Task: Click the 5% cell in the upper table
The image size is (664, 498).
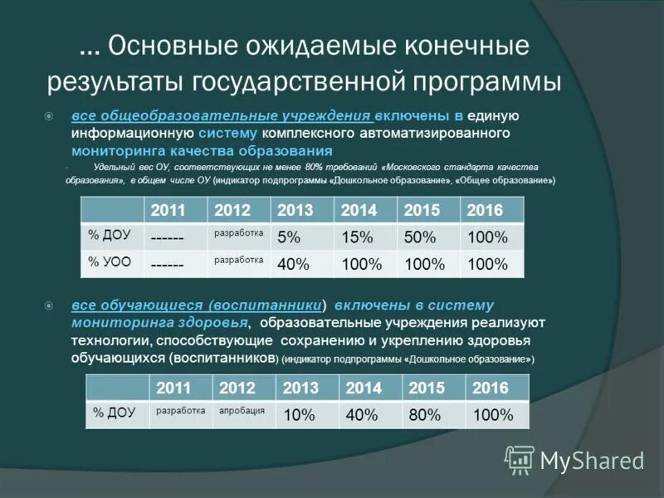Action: [x=289, y=237]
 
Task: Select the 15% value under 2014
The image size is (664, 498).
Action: [x=357, y=237]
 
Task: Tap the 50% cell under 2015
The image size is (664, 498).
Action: [x=419, y=237]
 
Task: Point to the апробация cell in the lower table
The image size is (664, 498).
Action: [x=242, y=411]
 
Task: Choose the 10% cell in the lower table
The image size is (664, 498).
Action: [x=298, y=416]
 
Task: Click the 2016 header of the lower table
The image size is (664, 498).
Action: [x=489, y=388]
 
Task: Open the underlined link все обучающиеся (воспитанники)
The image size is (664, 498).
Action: [x=196, y=305]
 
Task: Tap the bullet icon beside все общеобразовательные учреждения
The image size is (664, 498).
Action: [x=50, y=116]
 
